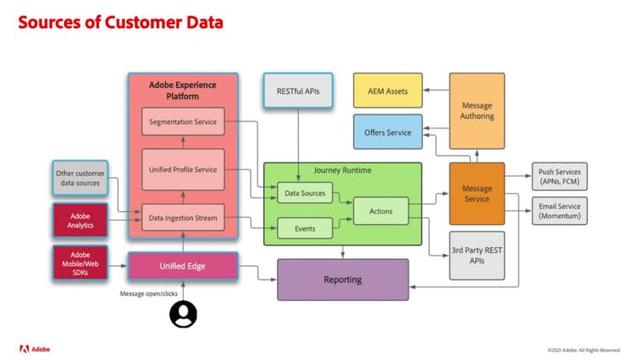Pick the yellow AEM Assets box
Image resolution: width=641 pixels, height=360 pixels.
[x=387, y=91]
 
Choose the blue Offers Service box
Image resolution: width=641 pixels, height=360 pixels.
[x=387, y=133]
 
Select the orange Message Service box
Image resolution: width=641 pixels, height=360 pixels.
[x=477, y=193]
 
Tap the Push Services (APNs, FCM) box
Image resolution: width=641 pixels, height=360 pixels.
[x=560, y=177]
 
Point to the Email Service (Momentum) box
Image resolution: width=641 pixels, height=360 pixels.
[x=560, y=210]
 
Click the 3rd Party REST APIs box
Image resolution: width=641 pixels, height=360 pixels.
[x=477, y=255]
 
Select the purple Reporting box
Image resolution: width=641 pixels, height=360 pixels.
[x=343, y=279]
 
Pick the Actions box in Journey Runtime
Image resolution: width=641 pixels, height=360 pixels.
[x=380, y=210]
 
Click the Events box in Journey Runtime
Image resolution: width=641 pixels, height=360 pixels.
[x=304, y=228]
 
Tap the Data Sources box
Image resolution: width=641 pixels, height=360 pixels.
[x=304, y=194]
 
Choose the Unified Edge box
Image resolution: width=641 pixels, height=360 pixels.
[x=183, y=266]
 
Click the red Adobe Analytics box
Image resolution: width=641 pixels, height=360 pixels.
[x=79, y=220]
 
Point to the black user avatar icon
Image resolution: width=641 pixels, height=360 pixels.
[x=183, y=316]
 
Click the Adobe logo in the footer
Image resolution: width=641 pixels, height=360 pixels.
[x=35, y=349]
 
